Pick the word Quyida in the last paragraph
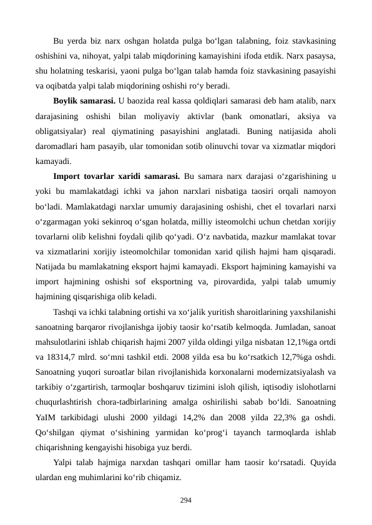[322, 463]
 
